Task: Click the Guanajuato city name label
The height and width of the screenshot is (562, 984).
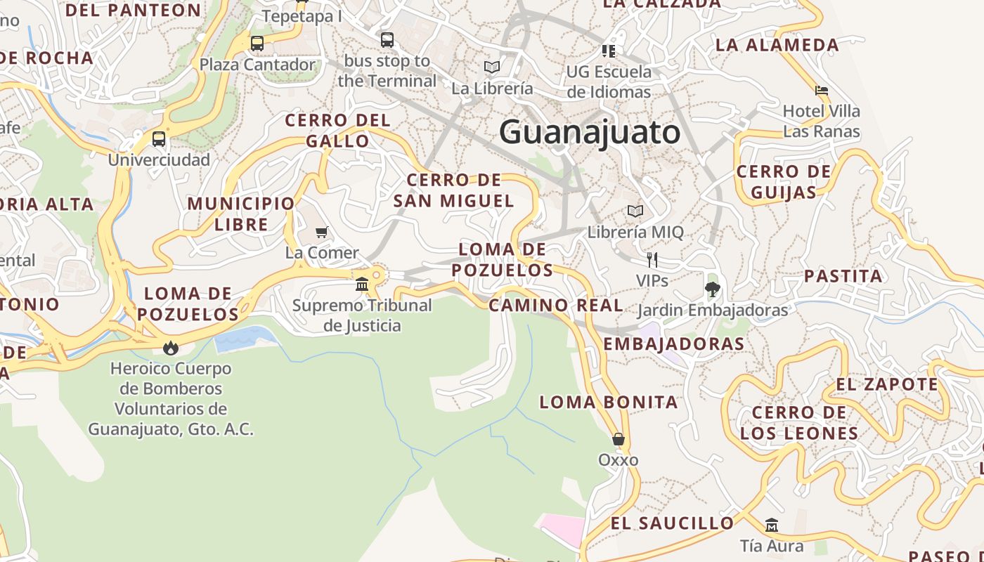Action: click(590, 132)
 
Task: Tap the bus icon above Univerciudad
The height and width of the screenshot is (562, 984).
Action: click(159, 139)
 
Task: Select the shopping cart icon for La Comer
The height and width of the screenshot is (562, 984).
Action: click(322, 232)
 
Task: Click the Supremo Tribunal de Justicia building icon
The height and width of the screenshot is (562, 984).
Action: click(362, 285)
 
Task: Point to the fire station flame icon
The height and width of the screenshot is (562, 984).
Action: click(170, 348)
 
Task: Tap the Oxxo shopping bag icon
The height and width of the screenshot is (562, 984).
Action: click(619, 440)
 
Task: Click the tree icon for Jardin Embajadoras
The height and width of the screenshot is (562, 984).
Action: click(712, 289)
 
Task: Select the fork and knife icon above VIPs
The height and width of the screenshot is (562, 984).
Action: click(652, 260)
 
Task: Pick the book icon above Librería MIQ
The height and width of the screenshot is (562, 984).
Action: click(635, 211)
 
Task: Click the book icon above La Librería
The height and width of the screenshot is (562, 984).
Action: click(492, 67)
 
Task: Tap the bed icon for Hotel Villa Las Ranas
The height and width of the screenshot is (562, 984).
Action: click(821, 90)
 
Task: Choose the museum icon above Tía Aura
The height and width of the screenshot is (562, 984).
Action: click(772, 525)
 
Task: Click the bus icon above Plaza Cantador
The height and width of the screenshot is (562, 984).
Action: click(257, 44)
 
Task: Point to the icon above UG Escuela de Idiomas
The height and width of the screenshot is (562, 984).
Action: click(609, 51)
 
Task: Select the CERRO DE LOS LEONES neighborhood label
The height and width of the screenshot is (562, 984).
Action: click(799, 423)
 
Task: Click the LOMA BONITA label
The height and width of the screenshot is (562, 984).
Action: click(609, 403)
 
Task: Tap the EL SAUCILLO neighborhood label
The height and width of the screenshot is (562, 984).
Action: click(672, 523)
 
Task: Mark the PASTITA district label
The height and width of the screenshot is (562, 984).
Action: click(843, 276)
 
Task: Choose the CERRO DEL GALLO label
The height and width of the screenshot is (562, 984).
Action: click(337, 131)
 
